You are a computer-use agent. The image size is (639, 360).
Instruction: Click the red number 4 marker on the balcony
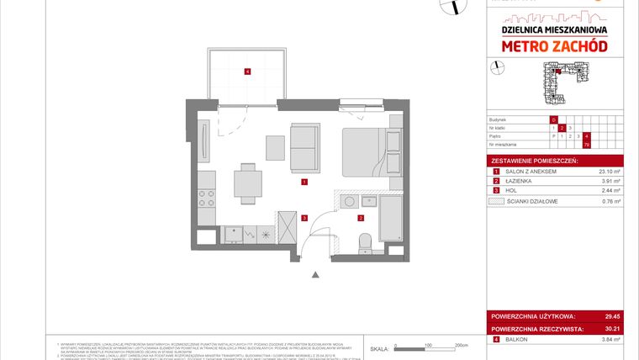(246, 71)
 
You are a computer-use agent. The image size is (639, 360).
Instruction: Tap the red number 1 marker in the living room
(304, 182)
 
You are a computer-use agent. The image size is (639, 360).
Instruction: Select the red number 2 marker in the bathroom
(361, 218)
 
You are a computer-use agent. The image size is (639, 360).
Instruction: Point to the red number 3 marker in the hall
(305, 218)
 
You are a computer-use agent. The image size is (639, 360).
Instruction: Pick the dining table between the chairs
(245, 179)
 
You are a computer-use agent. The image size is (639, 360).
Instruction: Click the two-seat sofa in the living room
(304, 145)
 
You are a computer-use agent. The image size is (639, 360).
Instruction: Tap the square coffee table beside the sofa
(276, 147)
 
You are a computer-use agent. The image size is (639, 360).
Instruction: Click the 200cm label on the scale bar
(460, 345)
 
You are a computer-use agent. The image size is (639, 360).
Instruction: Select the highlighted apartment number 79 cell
(586, 144)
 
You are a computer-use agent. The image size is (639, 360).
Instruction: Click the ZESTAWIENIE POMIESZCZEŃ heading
(533, 160)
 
